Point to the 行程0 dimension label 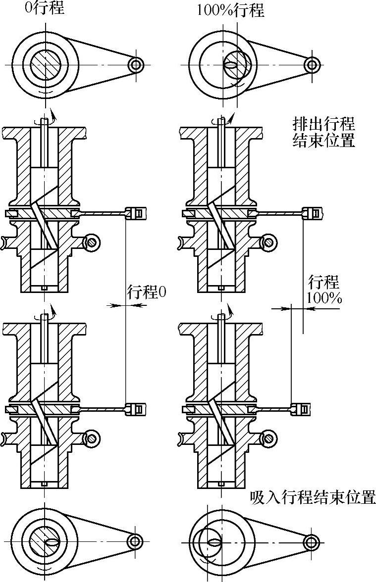pyautogui.click(x=147, y=292)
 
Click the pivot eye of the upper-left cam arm pyautogui.click(x=135, y=64)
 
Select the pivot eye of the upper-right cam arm pyautogui.click(x=312, y=64)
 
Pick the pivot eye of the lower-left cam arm pyautogui.click(x=134, y=541)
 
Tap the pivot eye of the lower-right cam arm pyautogui.click(x=311, y=542)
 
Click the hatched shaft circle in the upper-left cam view pyautogui.click(x=46, y=64)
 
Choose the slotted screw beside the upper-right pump pyautogui.click(x=268, y=242)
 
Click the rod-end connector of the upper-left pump pyautogui.click(x=137, y=213)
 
